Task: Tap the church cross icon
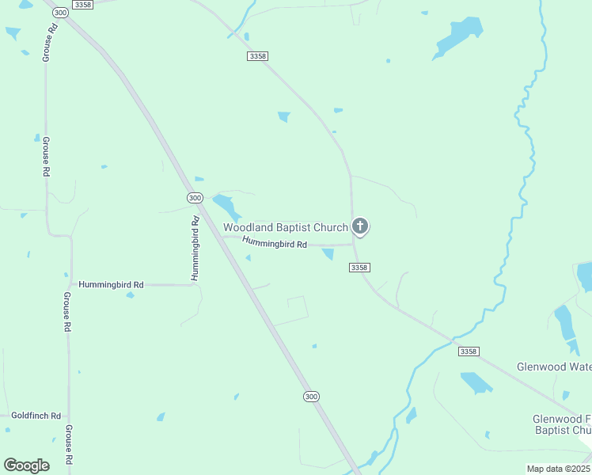tap(360, 227)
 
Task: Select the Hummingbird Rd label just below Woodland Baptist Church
tap(275, 244)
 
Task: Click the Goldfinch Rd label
tap(36, 416)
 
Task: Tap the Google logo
tap(26, 465)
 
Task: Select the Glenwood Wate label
tap(553, 367)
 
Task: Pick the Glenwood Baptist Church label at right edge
tap(560, 424)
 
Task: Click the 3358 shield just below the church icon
tap(359, 268)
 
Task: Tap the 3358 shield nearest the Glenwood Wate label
tap(469, 351)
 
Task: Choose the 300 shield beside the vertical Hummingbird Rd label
tap(195, 197)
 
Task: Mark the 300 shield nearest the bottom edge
tap(311, 396)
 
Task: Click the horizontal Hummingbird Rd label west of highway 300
tap(111, 284)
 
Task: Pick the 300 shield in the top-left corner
tap(59, 13)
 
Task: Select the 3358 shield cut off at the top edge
tap(82, 5)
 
